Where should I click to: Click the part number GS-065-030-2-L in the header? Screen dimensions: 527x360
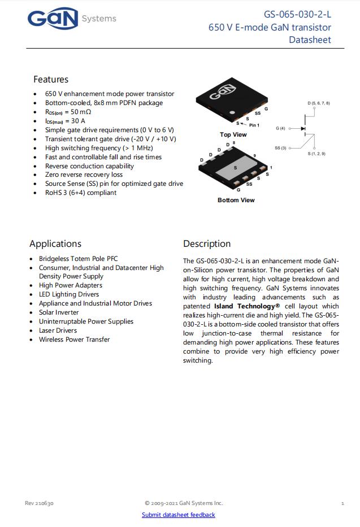click(x=297, y=15)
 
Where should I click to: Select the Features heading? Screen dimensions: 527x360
click(x=51, y=80)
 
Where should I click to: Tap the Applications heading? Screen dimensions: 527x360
click(x=55, y=244)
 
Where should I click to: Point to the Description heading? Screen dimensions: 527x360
click(x=207, y=244)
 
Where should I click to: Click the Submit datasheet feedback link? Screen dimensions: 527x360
click(x=178, y=515)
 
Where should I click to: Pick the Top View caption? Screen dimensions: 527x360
click(x=233, y=134)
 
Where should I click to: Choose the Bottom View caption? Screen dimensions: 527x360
click(x=236, y=200)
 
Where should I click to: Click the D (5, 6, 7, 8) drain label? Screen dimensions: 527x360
click(x=319, y=103)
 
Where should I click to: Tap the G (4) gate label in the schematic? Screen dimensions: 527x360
click(x=280, y=129)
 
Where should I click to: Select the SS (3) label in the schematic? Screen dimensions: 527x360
click(x=281, y=148)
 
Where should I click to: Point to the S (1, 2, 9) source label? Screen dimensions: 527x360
click(x=316, y=154)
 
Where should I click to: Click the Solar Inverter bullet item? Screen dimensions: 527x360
click(x=59, y=312)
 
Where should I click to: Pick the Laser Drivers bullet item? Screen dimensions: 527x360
click(x=58, y=330)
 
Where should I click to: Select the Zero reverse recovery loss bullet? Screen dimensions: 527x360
click(x=84, y=175)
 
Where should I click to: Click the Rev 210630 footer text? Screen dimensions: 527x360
click(x=39, y=503)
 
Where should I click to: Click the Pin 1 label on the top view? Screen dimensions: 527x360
click(x=254, y=125)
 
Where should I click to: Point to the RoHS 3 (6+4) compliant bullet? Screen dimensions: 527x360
click(x=81, y=193)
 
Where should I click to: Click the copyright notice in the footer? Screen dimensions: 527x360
click(x=184, y=503)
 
